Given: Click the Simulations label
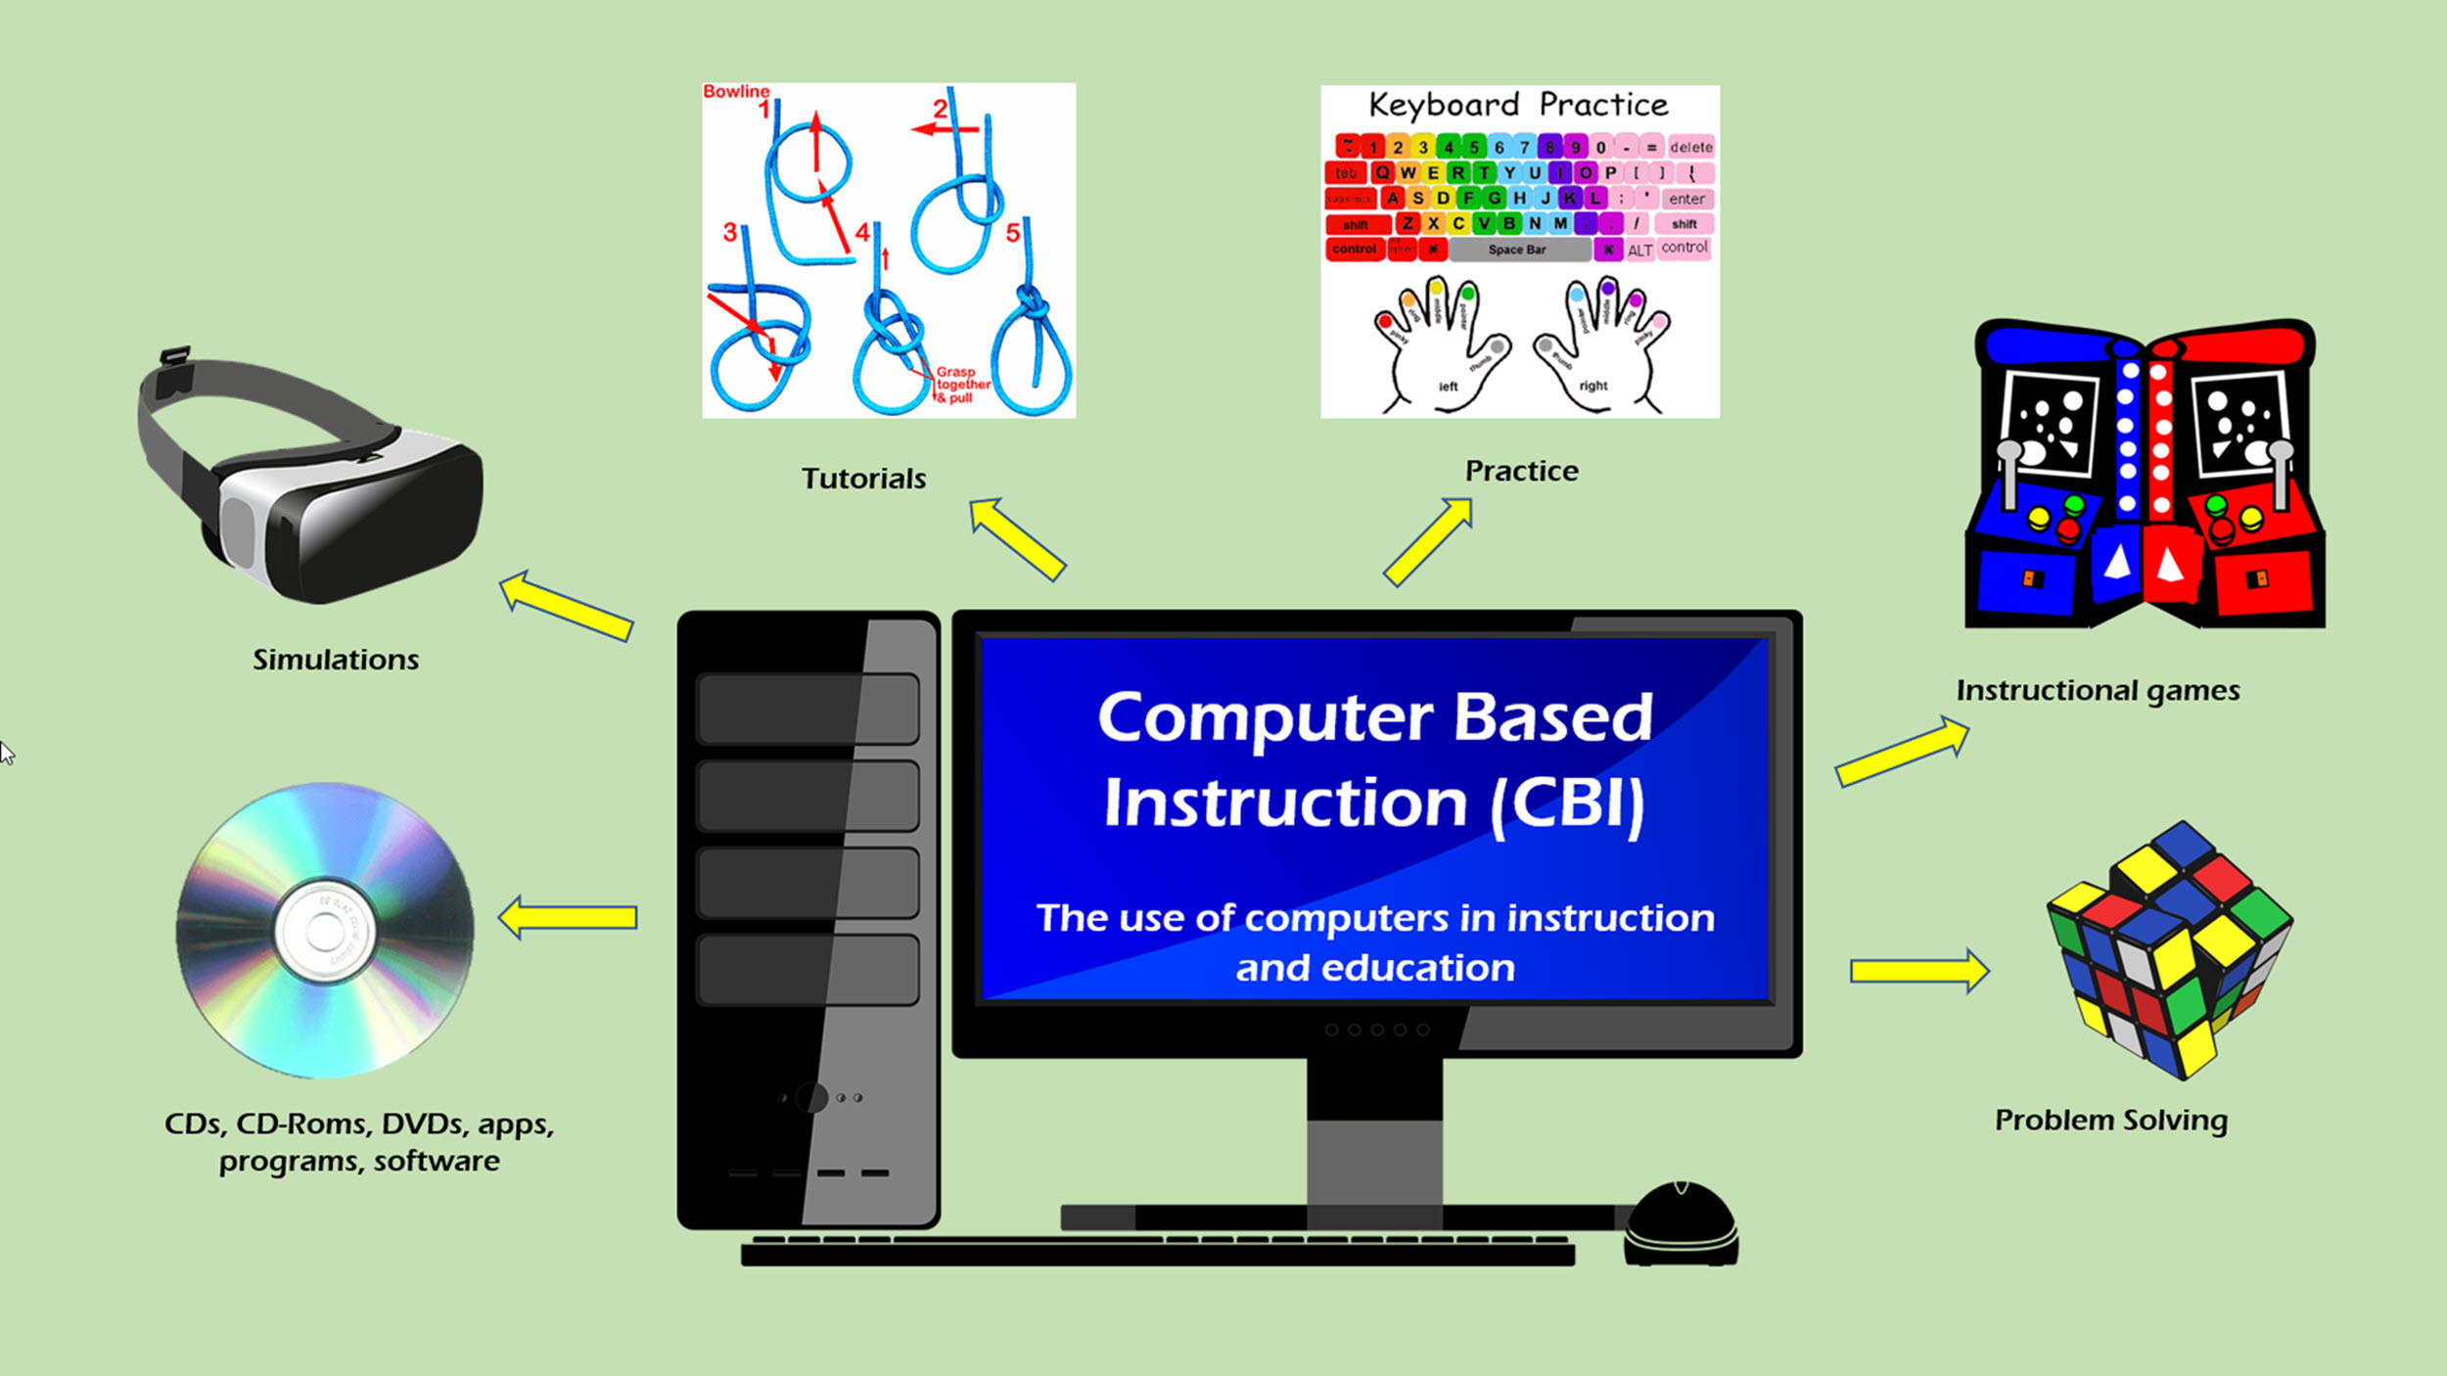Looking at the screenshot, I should [336, 660].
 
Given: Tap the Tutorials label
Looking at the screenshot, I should [863, 479].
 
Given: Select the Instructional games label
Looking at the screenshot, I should [2098, 691].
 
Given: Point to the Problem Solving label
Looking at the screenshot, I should [2111, 1120].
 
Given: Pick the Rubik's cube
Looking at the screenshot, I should [2169, 949].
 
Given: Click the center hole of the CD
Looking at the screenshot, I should [324, 931].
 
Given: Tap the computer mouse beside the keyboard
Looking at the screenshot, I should [1681, 1224].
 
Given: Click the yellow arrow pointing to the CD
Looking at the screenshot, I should [568, 917].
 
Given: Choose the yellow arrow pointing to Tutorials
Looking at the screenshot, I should [1017, 538].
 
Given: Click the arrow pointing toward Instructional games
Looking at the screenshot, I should [1901, 752].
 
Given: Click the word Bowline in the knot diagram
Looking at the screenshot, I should [736, 92].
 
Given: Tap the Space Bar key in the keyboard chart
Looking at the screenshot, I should [1517, 250].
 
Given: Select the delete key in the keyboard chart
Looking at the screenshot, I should [1690, 148].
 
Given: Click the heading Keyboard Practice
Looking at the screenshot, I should [1518, 105].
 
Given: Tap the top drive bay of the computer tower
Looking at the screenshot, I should [807, 709].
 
